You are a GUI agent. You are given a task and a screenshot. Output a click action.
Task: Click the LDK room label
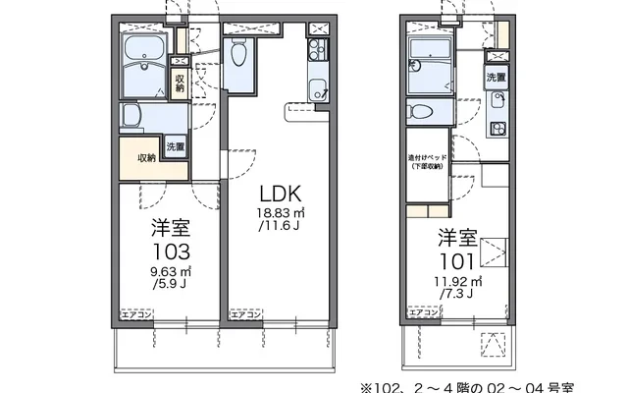coord(279,193)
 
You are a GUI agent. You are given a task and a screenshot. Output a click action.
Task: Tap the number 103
coord(170,249)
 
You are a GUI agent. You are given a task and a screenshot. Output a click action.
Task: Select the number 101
coord(457,262)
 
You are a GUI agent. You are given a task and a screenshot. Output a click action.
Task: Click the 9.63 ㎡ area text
coord(171,272)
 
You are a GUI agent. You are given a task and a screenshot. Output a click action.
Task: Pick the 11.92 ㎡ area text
coord(457,285)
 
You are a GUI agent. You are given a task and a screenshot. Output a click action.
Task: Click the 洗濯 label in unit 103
coord(175,148)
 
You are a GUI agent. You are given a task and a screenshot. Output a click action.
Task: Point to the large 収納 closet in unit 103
coord(145,158)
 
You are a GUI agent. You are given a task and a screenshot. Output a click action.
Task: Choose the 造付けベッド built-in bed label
coord(427,161)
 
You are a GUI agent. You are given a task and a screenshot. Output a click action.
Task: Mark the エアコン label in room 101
coord(425,315)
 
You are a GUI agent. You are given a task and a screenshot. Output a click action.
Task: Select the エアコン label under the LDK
coord(244,314)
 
